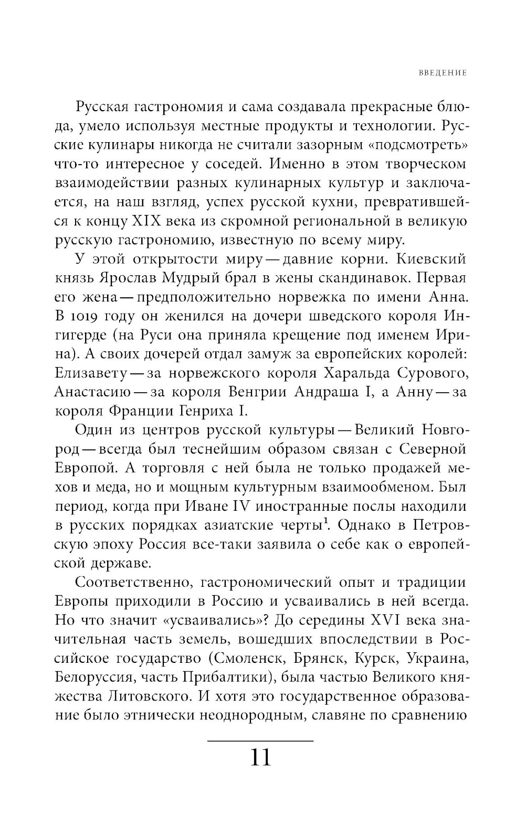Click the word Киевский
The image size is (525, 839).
[431, 259]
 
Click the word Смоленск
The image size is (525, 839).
[241, 658]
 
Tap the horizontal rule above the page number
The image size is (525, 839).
[261, 740]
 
